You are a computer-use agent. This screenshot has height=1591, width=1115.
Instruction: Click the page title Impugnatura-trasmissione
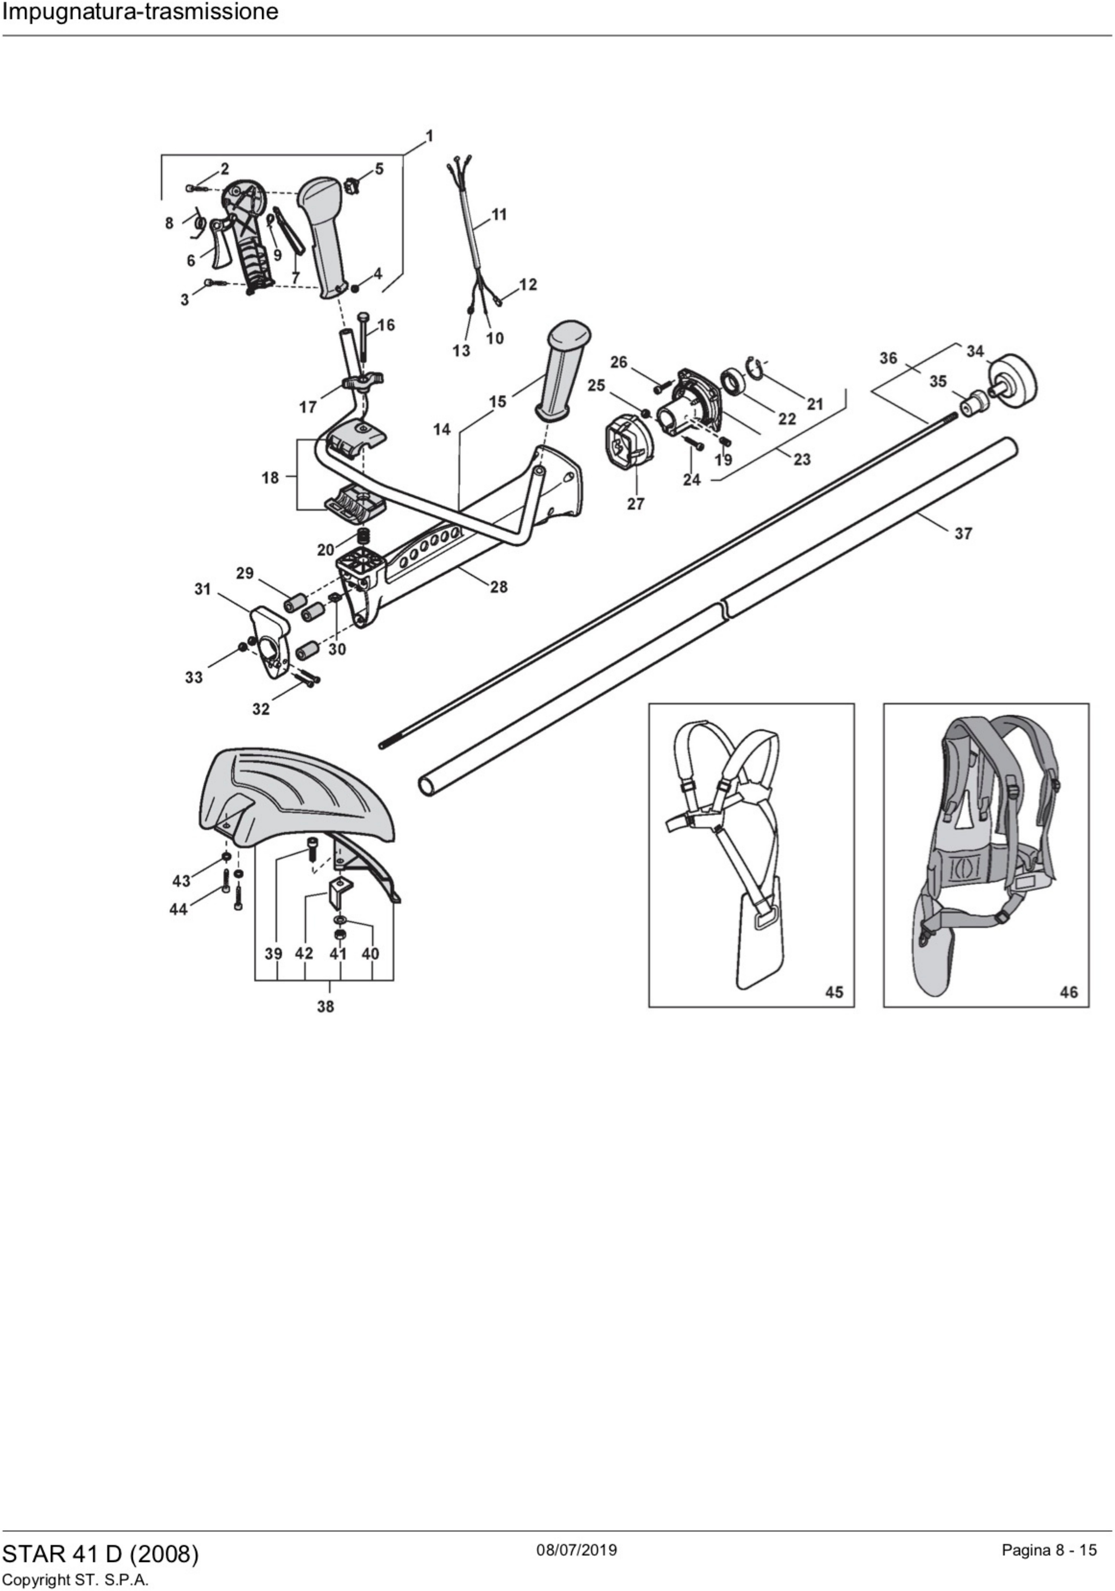140,12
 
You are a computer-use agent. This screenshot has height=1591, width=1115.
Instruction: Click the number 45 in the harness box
834,992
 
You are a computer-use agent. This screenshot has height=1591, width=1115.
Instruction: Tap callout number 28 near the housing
498,587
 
